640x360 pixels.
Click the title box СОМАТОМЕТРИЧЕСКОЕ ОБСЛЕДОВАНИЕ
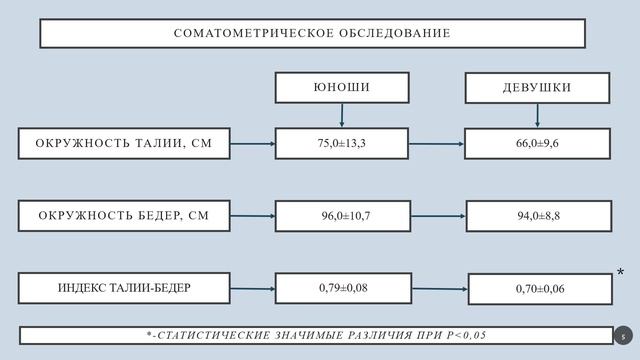[x=312, y=33]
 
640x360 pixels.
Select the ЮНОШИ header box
[x=342, y=87]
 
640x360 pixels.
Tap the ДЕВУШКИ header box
[x=537, y=87]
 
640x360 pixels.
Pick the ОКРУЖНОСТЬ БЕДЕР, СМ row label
[x=124, y=215]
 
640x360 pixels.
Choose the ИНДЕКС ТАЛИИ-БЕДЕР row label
[x=124, y=288]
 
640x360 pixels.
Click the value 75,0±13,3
[x=342, y=143]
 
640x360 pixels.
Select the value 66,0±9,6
[x=537, y=143]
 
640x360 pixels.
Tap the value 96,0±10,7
[x=343, y=215]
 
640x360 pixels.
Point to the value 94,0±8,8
[x=538, y=215]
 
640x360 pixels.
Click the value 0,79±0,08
[x=343, y=288]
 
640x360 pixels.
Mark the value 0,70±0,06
[x=540, y=289]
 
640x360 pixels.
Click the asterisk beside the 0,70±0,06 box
[x=621, y=273]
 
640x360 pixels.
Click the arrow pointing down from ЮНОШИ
[x=342, y=114]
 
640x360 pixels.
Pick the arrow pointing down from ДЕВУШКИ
[x=537, y=114]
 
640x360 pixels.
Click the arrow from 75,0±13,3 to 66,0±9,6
[x=436, y=143]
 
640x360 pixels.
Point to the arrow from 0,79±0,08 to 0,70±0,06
[x=440, y=289]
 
